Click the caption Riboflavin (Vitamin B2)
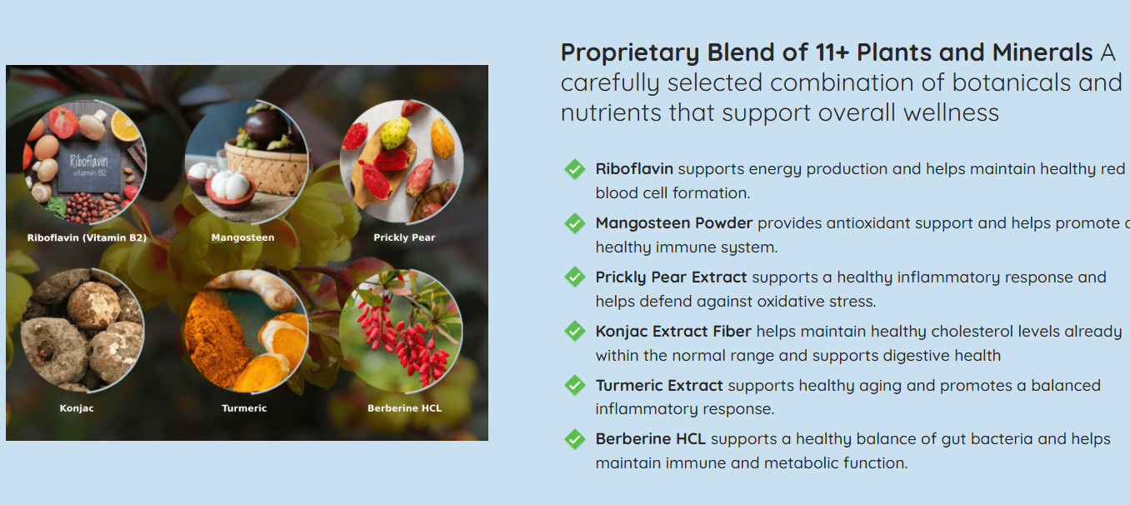87,237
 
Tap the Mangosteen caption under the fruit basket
242,237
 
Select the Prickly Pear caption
404,237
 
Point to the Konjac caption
77,408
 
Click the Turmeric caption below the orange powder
244,408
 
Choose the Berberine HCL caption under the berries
404,408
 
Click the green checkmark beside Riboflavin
575,169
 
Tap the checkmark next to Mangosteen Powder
575,223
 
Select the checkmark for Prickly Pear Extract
575,277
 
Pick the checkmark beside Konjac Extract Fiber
575,332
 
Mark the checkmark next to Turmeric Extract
575,386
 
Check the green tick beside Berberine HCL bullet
575,439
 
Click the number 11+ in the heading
832,52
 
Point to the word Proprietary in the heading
630,53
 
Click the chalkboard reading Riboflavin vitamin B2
89,165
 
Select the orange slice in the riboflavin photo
125,125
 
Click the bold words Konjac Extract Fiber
673,332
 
